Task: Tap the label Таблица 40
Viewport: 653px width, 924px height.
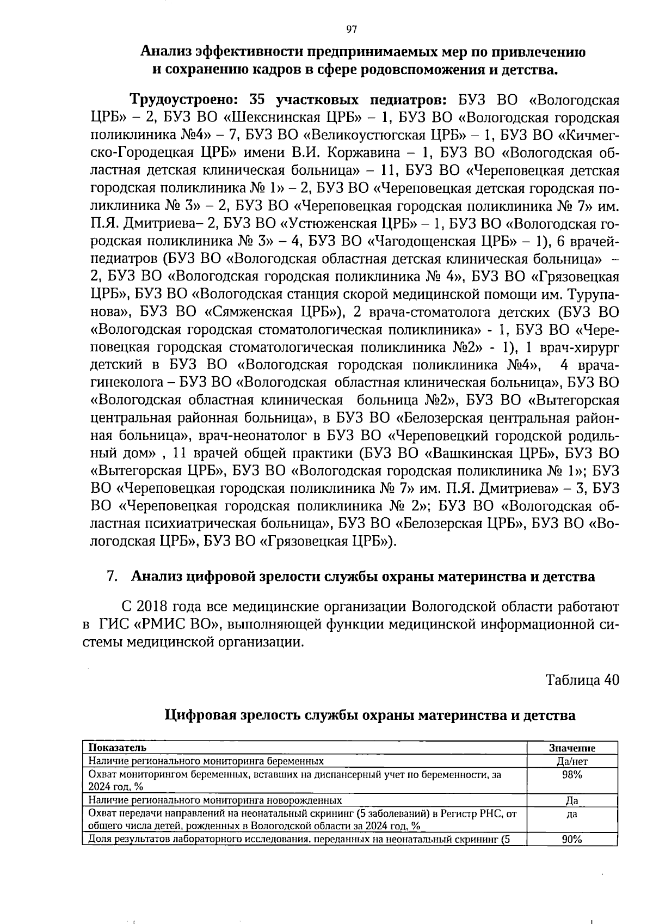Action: point(582,680)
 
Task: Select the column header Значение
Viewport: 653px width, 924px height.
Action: point(572,749)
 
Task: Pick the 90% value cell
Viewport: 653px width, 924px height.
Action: point(572,855)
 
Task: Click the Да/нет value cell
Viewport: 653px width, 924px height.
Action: point(572,762)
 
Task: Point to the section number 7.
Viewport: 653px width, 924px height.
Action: point(112,576)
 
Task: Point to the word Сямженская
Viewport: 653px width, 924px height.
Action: point(251,313)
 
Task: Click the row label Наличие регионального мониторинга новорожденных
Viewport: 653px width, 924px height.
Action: point(215,800)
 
